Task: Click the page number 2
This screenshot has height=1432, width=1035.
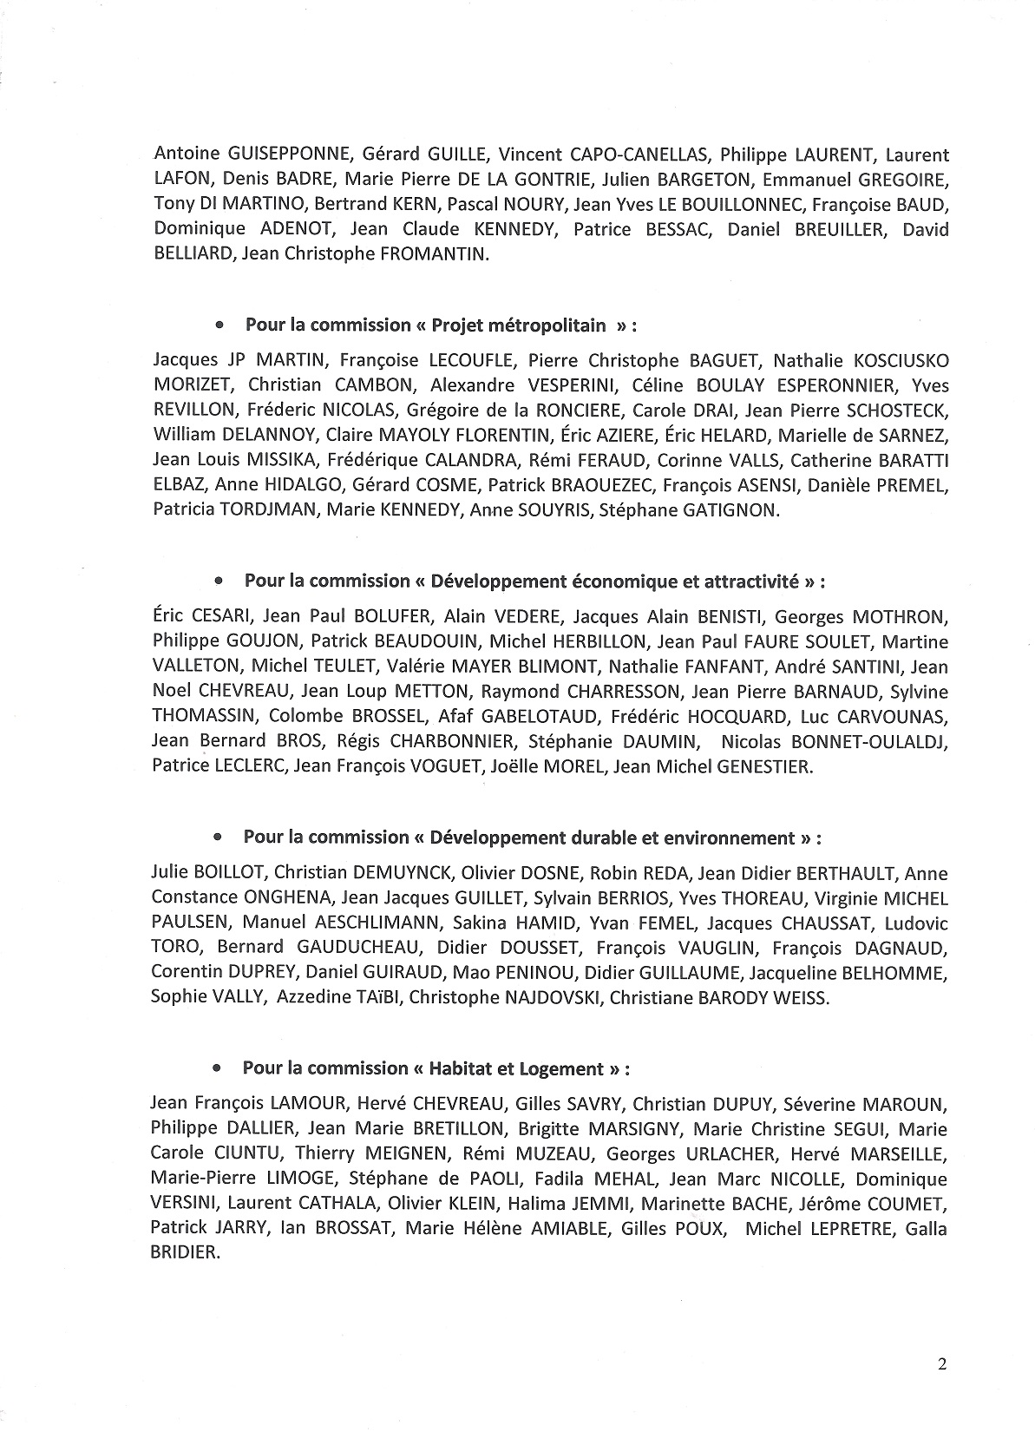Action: click(942, 1363)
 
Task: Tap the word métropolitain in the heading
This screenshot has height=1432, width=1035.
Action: click(554, 325)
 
